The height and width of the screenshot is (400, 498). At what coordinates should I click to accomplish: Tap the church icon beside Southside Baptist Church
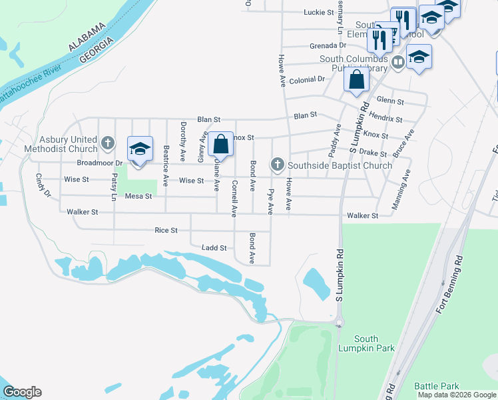[x=277, y=165]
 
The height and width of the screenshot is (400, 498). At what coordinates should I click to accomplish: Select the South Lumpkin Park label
[x=366, y=343]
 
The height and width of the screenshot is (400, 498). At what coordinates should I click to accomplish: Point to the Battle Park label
[x=437, y=386]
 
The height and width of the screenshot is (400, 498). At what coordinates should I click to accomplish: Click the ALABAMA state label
[x=87, y=37]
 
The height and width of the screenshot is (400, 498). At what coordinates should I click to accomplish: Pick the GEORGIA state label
[x=95, y=50]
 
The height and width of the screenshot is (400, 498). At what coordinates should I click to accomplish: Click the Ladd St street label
[x=214, y=248]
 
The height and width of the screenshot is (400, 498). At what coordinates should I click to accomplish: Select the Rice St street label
[x=166, y=230]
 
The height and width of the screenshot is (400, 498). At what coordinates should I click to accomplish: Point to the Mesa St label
[x=138, y=196]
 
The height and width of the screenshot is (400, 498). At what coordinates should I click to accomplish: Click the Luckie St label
[x=318, y=12]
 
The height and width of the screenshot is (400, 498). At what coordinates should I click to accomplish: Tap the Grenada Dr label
[x=328, y=45]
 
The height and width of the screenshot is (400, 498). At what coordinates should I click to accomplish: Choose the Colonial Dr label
[x=306, y=79]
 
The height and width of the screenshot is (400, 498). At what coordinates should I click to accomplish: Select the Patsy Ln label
[x=115, y=187]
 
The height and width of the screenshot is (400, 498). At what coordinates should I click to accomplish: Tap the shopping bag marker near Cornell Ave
[x=220, y=144]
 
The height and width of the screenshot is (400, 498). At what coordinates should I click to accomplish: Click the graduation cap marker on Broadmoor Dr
[x=140, y=149]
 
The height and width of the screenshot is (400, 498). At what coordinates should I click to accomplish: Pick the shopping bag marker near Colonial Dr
[x=357, y=79]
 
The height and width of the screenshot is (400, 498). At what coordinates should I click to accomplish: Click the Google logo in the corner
[x=21, y=392]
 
